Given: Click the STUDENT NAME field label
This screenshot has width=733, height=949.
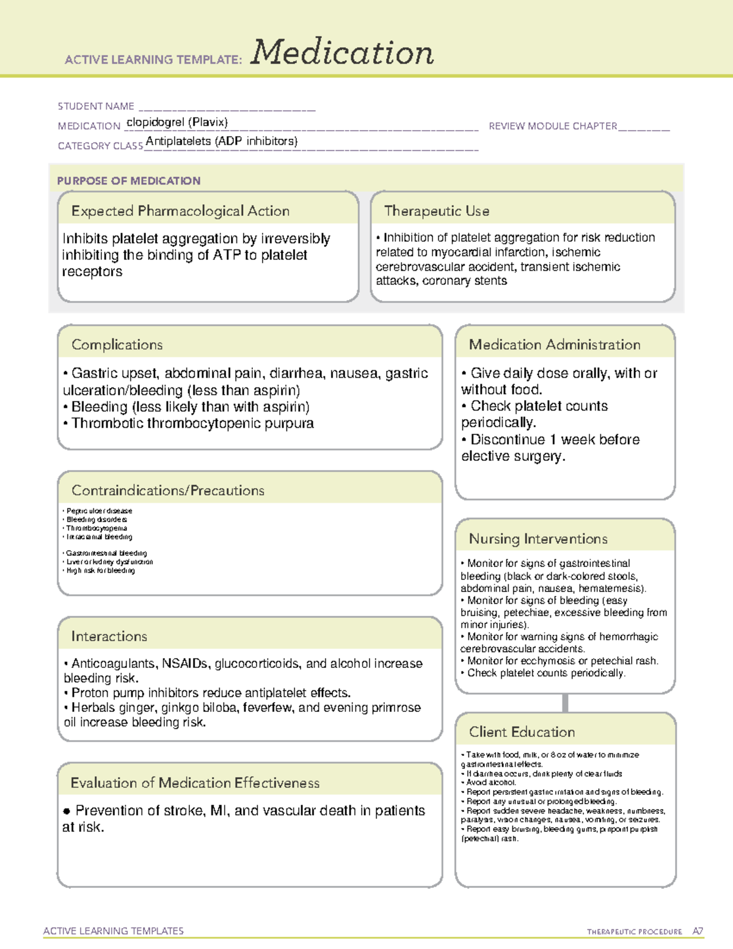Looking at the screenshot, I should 96,106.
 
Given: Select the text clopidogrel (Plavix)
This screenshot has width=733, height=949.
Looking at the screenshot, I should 177,122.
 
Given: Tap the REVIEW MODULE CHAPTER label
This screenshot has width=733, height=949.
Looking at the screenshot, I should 553,126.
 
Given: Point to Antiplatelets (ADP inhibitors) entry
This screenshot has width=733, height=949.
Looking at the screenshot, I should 222,141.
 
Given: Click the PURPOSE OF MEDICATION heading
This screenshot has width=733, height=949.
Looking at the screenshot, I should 128,181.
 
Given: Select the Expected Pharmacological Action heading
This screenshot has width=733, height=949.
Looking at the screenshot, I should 180,211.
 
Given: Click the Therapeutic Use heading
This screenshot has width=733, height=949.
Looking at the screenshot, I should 436,211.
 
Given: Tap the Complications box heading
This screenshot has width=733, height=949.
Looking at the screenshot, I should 117,345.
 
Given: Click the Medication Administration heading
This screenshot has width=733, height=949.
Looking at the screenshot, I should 554,345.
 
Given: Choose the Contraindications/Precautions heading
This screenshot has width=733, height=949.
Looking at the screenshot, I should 167,491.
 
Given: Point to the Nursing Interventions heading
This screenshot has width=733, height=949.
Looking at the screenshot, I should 538,539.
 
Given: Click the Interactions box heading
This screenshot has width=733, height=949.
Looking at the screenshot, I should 109,637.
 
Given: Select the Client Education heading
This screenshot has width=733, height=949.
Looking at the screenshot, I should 522,732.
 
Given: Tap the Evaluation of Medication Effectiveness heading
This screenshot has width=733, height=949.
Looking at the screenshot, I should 195,783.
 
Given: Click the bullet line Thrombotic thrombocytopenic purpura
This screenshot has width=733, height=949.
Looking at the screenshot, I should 192,423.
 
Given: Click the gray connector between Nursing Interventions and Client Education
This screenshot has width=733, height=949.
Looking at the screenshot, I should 565,703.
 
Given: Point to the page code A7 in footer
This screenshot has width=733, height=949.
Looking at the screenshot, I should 698,931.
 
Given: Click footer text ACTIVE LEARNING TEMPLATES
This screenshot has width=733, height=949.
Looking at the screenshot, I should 113,931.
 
